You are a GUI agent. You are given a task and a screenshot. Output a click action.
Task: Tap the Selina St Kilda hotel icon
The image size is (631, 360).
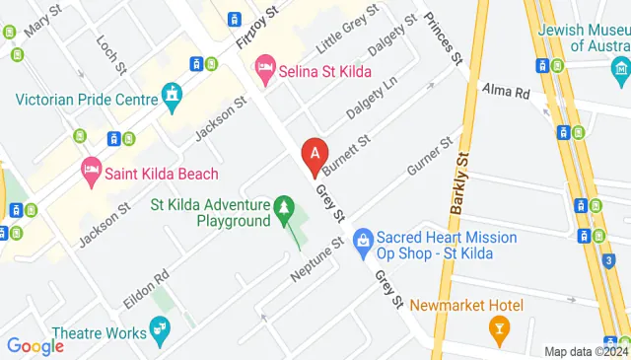point(264,68)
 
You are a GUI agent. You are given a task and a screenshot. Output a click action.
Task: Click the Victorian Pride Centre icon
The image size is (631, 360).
point(174,97)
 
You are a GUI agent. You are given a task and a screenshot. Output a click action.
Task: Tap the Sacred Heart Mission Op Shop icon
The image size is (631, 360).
point(363,239)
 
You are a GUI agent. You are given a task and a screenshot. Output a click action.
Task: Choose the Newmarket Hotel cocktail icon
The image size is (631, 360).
point(499,326)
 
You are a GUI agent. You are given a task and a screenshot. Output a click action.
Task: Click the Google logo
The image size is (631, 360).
point(35,346)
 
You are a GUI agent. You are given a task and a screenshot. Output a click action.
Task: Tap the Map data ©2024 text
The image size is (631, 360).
point(587,351)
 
